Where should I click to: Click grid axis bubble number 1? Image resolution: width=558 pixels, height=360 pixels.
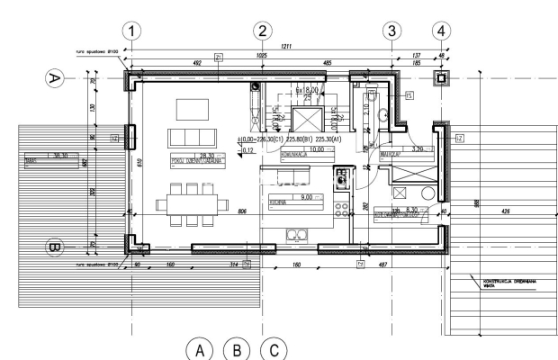point(133,31)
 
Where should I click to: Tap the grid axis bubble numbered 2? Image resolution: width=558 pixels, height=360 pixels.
point(262,31)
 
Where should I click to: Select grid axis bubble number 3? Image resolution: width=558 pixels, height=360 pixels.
point(391,31)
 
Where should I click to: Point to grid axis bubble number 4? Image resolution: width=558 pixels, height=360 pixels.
point(441,31)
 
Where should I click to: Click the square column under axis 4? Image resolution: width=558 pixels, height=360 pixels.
point(441,79)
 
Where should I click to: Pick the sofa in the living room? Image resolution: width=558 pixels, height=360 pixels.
point(192,140)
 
